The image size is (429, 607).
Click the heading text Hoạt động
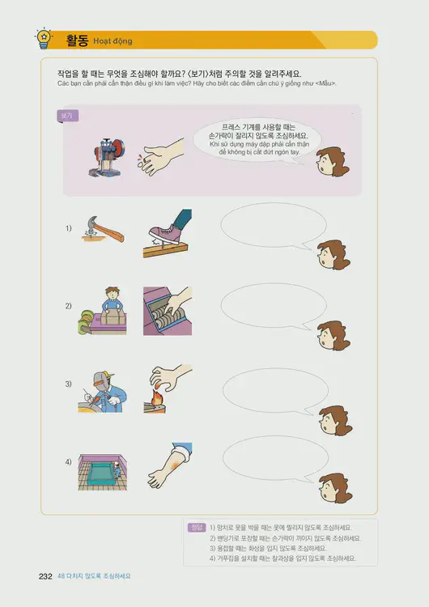pyautogui.click(x=113, y=41)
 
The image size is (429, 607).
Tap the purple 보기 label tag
pyautogui.click(x=66, y=116)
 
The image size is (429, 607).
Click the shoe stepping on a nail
pyautogui.click(x=168, y=234)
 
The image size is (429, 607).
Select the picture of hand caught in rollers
pyautogui.click(x=168, y=311)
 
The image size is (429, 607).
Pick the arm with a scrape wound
pyautogui.click(x=168, y=465)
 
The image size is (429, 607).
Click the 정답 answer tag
pyautogui.click(x=195, y=527)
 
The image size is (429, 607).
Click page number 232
pyautogui.click(x=45, y=576)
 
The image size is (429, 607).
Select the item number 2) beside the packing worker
pyautogui.click(x=69, y=306)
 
